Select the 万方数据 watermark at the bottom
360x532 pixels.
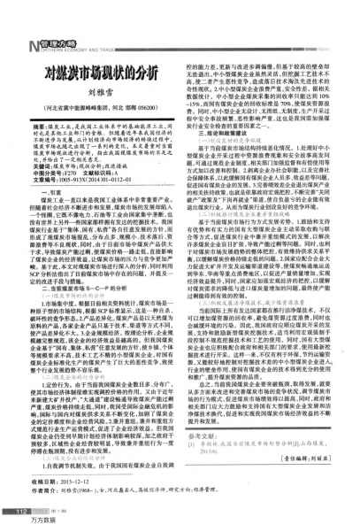[20, 524]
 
